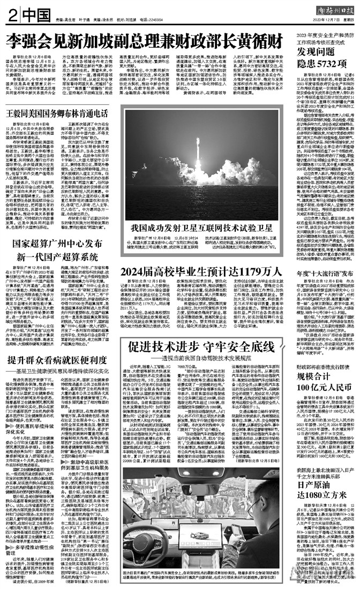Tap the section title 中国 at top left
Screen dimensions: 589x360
click(31, 13)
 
